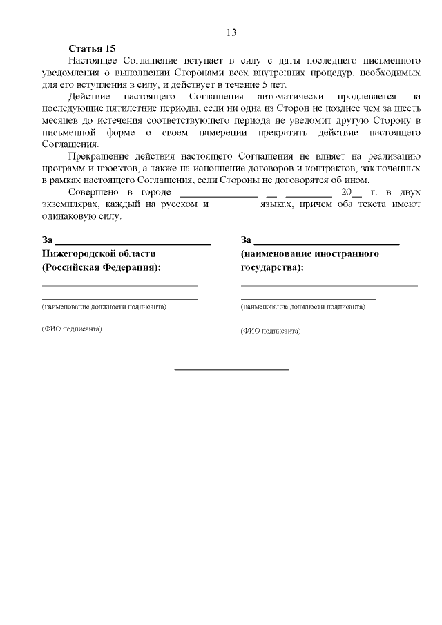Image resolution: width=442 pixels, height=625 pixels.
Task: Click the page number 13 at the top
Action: pyautogui.click(x=231, y=32)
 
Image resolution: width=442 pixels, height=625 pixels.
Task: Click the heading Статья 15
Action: pyautogui.click(x=92, y=48)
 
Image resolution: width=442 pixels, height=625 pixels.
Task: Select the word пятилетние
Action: pyautogui.click(x=140, y=109)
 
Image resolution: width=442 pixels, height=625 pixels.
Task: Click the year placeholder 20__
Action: pyautogui.click(x=342, y=192)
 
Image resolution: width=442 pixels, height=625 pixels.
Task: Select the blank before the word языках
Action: pyautogui.click(x=235, y=204)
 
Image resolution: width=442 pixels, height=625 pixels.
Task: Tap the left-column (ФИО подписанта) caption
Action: pyautogui.click(x=72, y=329)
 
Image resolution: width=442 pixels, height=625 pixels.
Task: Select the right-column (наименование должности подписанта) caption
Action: pyautogui.click(x=302, y=306)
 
